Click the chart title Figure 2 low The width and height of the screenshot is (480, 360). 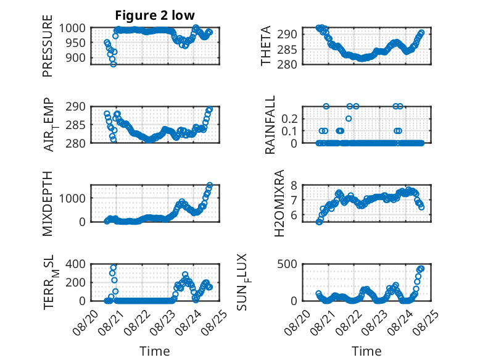point(155,15)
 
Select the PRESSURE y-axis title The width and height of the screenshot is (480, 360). point(48,46)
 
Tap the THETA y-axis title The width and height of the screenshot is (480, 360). point(266,46)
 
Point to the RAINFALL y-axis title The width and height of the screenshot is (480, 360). point(270,125)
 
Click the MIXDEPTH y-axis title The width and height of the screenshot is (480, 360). point(48,204)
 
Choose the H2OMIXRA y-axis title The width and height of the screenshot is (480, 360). point(279,203)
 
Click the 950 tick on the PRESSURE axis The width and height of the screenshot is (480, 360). point(76,43)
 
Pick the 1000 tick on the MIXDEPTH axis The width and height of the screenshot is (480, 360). point(72,198)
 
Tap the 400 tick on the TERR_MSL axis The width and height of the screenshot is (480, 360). point(76,264)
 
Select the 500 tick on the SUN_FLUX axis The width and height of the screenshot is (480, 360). point(287,264)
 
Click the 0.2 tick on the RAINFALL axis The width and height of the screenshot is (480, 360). point(289,119)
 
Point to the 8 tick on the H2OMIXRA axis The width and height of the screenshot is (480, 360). point(294,185)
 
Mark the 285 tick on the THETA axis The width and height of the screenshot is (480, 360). point(287,49)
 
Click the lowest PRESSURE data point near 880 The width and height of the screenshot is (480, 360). point(114,64)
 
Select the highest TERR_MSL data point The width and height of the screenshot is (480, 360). point(114,267)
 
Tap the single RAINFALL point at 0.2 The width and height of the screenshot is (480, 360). point(349,119)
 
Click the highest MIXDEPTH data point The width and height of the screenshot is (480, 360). point(210,185)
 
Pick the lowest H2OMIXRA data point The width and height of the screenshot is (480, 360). point(319,222)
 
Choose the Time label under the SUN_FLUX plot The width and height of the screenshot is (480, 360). point(366,351)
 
